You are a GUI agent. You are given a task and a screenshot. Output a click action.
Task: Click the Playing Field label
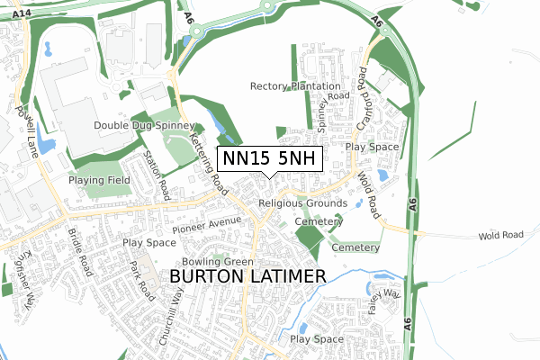pos(101,180)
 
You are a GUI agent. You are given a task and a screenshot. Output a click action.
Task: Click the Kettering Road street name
pos(208,156)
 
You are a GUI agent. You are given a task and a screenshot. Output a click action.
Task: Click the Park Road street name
pos(142,280)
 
